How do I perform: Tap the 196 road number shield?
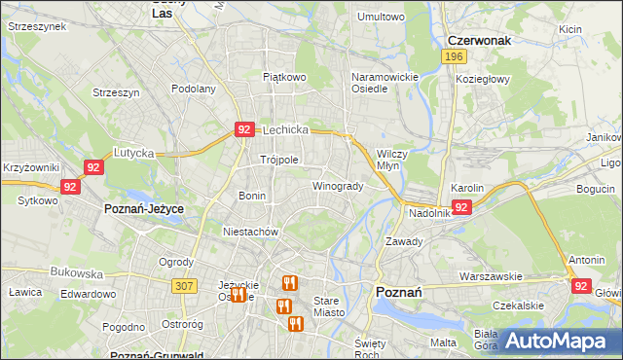(452, 57)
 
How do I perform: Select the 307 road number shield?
(184, 285)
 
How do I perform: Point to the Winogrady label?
(338, 186)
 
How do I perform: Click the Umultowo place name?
(381, 17)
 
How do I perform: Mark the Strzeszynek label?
(36, 26)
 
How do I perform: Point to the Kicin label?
(570, 29)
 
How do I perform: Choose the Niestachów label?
(251, 232)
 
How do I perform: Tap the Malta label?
(443, 342)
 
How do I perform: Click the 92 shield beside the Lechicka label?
(244, 128)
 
